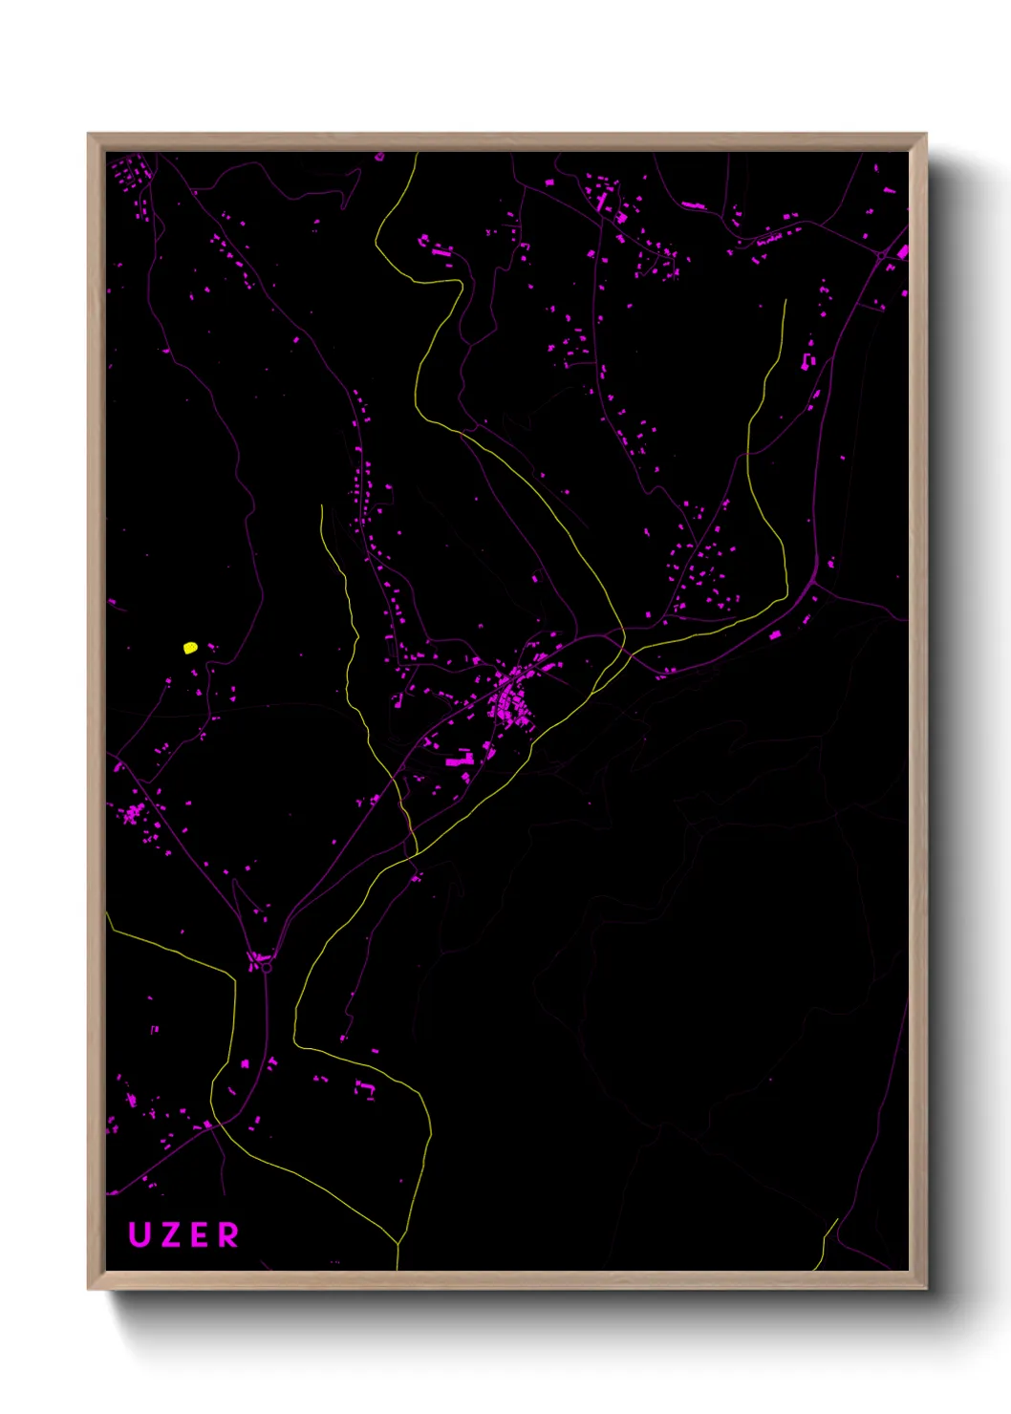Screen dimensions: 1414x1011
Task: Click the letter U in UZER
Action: (140, 1234)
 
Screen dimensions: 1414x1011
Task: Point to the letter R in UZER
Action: (229, 1234)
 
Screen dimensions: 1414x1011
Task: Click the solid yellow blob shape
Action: (190, 648)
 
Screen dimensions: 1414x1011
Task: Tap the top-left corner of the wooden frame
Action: (89, 135)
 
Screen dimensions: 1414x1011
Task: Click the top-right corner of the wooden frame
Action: (925, 135)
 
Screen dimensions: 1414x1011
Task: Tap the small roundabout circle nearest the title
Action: (266, 968)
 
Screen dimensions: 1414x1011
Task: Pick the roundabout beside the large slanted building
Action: (881, 256)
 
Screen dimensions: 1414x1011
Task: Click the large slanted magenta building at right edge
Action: (902, 251)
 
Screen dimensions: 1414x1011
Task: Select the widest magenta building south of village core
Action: (461, 761)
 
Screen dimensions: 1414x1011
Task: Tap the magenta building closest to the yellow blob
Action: (211, 648)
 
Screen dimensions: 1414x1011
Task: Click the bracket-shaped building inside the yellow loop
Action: (365, 1087)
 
